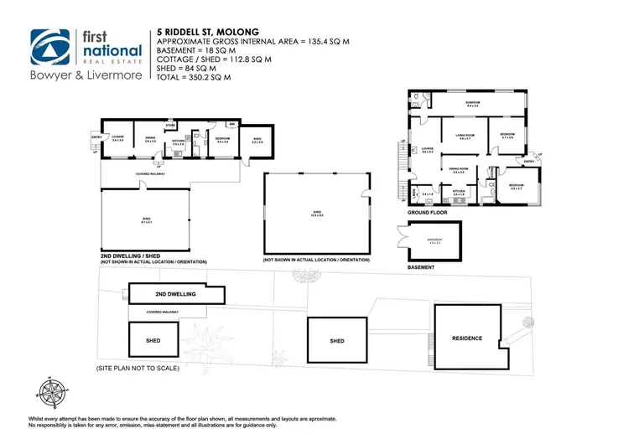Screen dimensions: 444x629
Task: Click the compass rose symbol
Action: point(52,390)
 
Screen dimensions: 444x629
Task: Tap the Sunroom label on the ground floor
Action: point(472,103)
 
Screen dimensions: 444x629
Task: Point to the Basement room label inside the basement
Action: point(434,240)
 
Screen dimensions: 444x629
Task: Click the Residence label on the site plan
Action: point(467,338)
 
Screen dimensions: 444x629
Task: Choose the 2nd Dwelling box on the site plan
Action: point(175,295)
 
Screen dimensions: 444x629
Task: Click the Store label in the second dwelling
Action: point(169,126)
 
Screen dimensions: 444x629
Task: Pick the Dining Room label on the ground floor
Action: point(458,169)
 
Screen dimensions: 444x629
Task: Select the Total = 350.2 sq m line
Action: point(192,77)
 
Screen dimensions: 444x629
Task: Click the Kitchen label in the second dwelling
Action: point(178,142)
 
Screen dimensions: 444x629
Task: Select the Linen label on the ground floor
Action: point(415,192)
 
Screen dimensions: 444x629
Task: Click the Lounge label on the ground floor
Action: point(428,150)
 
